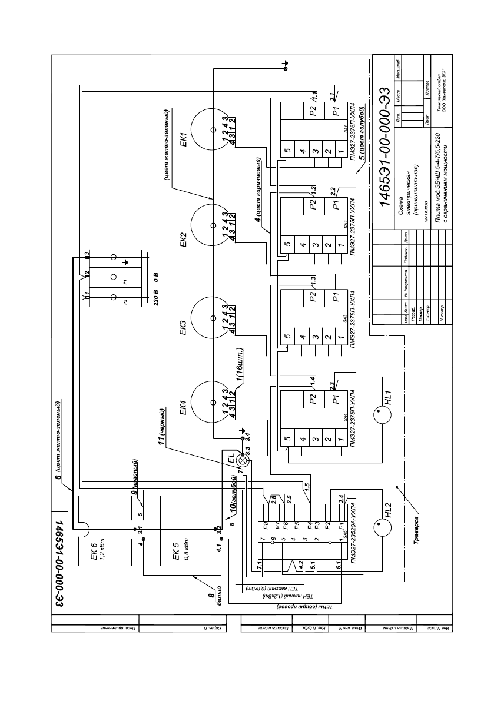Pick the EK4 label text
[x=184, y=408]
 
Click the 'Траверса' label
[x=417, y=530]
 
